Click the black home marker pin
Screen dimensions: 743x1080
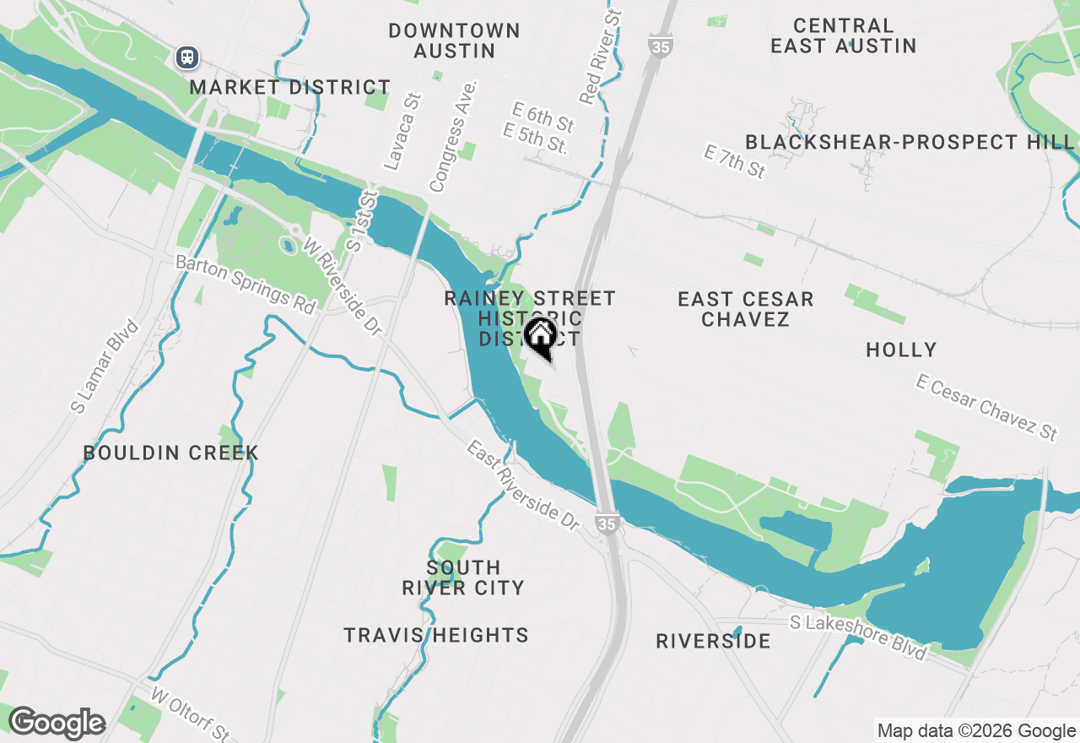(x=541, y=337)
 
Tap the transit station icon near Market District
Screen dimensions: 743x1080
(x=187, y=57)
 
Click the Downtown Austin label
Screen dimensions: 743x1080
(x=454, y=41)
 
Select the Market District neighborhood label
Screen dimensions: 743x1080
(x=289, y=87)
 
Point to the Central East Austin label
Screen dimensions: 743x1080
(x=843, y=35)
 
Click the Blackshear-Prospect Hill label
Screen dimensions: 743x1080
(x=909, y=142)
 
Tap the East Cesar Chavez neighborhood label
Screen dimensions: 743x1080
(x=745, y=309)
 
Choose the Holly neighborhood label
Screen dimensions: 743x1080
(x=901, y=350)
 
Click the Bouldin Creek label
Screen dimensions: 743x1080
(x=171, y=453)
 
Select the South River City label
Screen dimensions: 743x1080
(x=463, y=578)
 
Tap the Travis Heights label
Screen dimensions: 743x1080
(x=436, y=635)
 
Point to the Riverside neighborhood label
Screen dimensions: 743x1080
(x=713, y=641)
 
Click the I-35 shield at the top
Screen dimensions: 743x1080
(x=660, y=46)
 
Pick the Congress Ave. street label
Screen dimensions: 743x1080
(x=453, y=136)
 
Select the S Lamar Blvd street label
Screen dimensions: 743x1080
(x=104, y=366)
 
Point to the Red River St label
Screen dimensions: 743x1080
(x=600, y=57)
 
